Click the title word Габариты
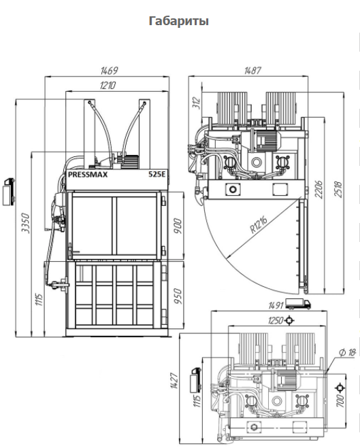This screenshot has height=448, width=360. tap(179, 21)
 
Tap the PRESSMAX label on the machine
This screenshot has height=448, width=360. tap(88, 175)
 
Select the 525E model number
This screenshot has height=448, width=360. tap(157, 174)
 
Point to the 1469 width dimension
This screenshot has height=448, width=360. tap(109, 71)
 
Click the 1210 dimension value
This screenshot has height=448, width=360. tap(108, 86)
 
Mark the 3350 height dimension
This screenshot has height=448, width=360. tap(26, 223)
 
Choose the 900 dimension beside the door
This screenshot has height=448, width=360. tap(178, 226)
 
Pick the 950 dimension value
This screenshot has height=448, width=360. tap(178, 296)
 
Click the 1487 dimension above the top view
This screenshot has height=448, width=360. tap(252, 71)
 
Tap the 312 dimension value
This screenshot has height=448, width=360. tap(197, 103)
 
